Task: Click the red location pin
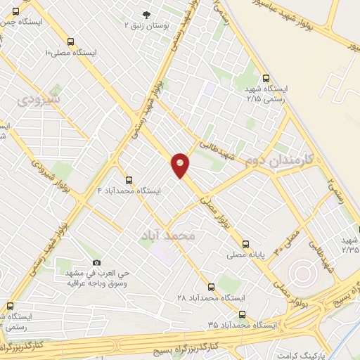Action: coord(181,164)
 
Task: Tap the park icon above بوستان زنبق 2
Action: coord(146,14)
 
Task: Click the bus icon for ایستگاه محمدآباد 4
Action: coord(128,180)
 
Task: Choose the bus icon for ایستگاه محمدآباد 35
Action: coord(242,314)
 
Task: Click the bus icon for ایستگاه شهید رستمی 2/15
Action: coord(265,79)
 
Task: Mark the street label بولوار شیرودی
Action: coord(51,173)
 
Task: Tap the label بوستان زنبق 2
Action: coord(146,25)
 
